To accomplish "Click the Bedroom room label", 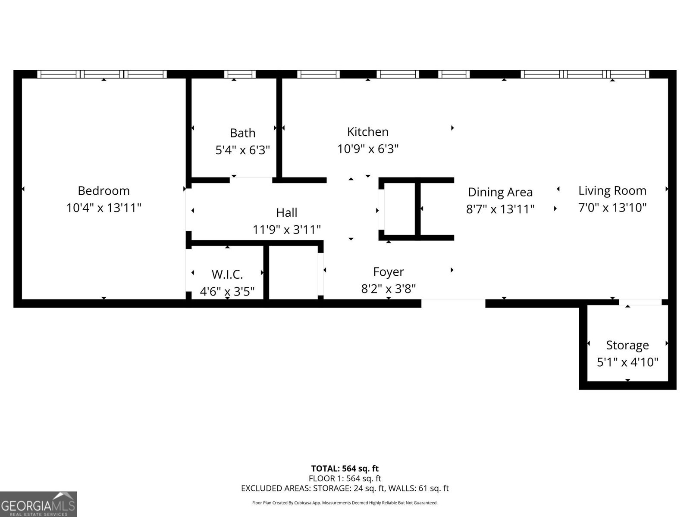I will coord(103,190).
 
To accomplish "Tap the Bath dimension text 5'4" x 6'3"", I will coord(242,150).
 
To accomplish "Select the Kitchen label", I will coord(367,131).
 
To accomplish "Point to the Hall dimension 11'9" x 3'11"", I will coord(286,230).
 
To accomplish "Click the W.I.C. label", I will coord(227,274).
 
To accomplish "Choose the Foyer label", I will coord(388,271).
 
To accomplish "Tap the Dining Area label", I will coord(500,192).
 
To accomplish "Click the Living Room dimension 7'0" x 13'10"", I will coord(612,208).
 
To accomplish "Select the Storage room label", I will coord(627,345).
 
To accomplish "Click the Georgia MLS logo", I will coord(38,504).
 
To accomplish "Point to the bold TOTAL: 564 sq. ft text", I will coord(345,468).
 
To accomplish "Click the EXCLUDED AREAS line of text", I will coord(345,488).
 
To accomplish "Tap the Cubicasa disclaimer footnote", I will coord(345,503).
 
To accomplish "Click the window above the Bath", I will coord(240,74).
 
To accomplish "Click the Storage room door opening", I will coord(640,302).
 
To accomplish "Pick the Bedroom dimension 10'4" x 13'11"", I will coord(103,208).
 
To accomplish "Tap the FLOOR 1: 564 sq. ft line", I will coord(345,478).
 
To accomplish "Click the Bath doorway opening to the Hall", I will coord(251,179).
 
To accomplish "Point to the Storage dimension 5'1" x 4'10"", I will coord(627,362).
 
